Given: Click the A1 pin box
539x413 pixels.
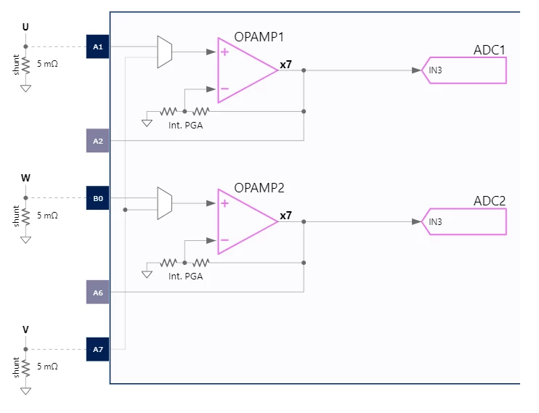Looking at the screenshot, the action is (97, 46).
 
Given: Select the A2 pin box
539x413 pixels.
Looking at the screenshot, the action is (97, 141).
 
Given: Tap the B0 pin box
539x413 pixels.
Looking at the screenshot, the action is (97, 198).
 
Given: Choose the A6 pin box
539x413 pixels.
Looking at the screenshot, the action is (97, 292).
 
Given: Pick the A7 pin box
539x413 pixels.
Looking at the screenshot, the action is (97, 349).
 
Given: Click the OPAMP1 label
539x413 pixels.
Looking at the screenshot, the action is (259, 37).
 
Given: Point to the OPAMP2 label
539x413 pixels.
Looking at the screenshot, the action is (259, 188).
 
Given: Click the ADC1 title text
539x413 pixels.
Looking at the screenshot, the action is (490, 50).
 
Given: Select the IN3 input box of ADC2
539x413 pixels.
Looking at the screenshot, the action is (463, 221).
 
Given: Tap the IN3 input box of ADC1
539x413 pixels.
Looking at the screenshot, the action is (463, 70).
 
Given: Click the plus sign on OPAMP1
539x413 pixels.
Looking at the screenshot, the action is (224, 52).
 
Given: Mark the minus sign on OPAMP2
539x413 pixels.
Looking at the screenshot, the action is (224, 240).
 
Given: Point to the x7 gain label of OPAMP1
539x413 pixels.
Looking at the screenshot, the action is (285, 65).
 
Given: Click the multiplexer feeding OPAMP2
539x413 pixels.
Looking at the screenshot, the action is (165, 203).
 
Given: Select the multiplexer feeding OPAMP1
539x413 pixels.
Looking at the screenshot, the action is (165, 52).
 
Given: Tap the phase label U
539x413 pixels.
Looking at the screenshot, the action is (25, 27).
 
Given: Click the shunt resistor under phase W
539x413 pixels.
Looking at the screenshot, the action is (25, 216).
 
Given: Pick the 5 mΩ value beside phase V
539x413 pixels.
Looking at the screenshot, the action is (47, 367).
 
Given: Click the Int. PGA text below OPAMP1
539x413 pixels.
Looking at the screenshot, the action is (186, 126).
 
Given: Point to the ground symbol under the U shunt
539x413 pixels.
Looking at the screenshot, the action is (25, 89).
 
